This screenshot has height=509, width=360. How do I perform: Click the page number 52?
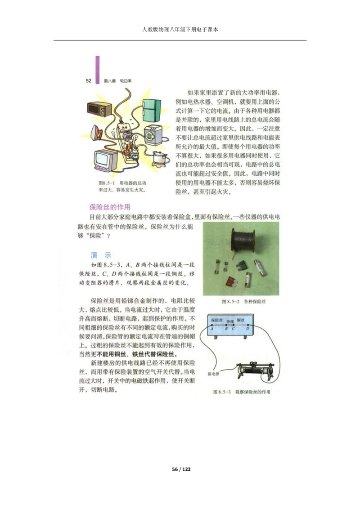coord(89,81)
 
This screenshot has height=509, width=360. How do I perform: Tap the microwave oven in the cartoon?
coord(99,108)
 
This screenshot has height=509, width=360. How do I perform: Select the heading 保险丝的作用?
coord(110,207)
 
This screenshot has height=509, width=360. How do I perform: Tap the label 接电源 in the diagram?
coord(213,374)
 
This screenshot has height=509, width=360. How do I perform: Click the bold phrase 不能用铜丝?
coord(112,353)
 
